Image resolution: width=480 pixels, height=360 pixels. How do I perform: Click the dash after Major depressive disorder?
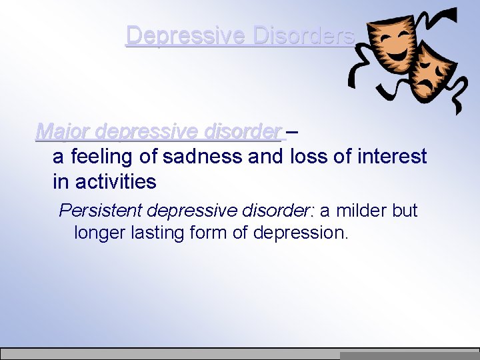pyautogui.click(x=292, y=131)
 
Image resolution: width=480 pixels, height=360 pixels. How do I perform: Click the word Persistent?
pyautogui.click(x=101, y=211)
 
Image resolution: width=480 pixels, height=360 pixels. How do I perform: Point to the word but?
pyautogui.click(x=405, y=211)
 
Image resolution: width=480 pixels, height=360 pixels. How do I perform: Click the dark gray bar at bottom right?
pyautogui.click(x=409, y=356)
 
